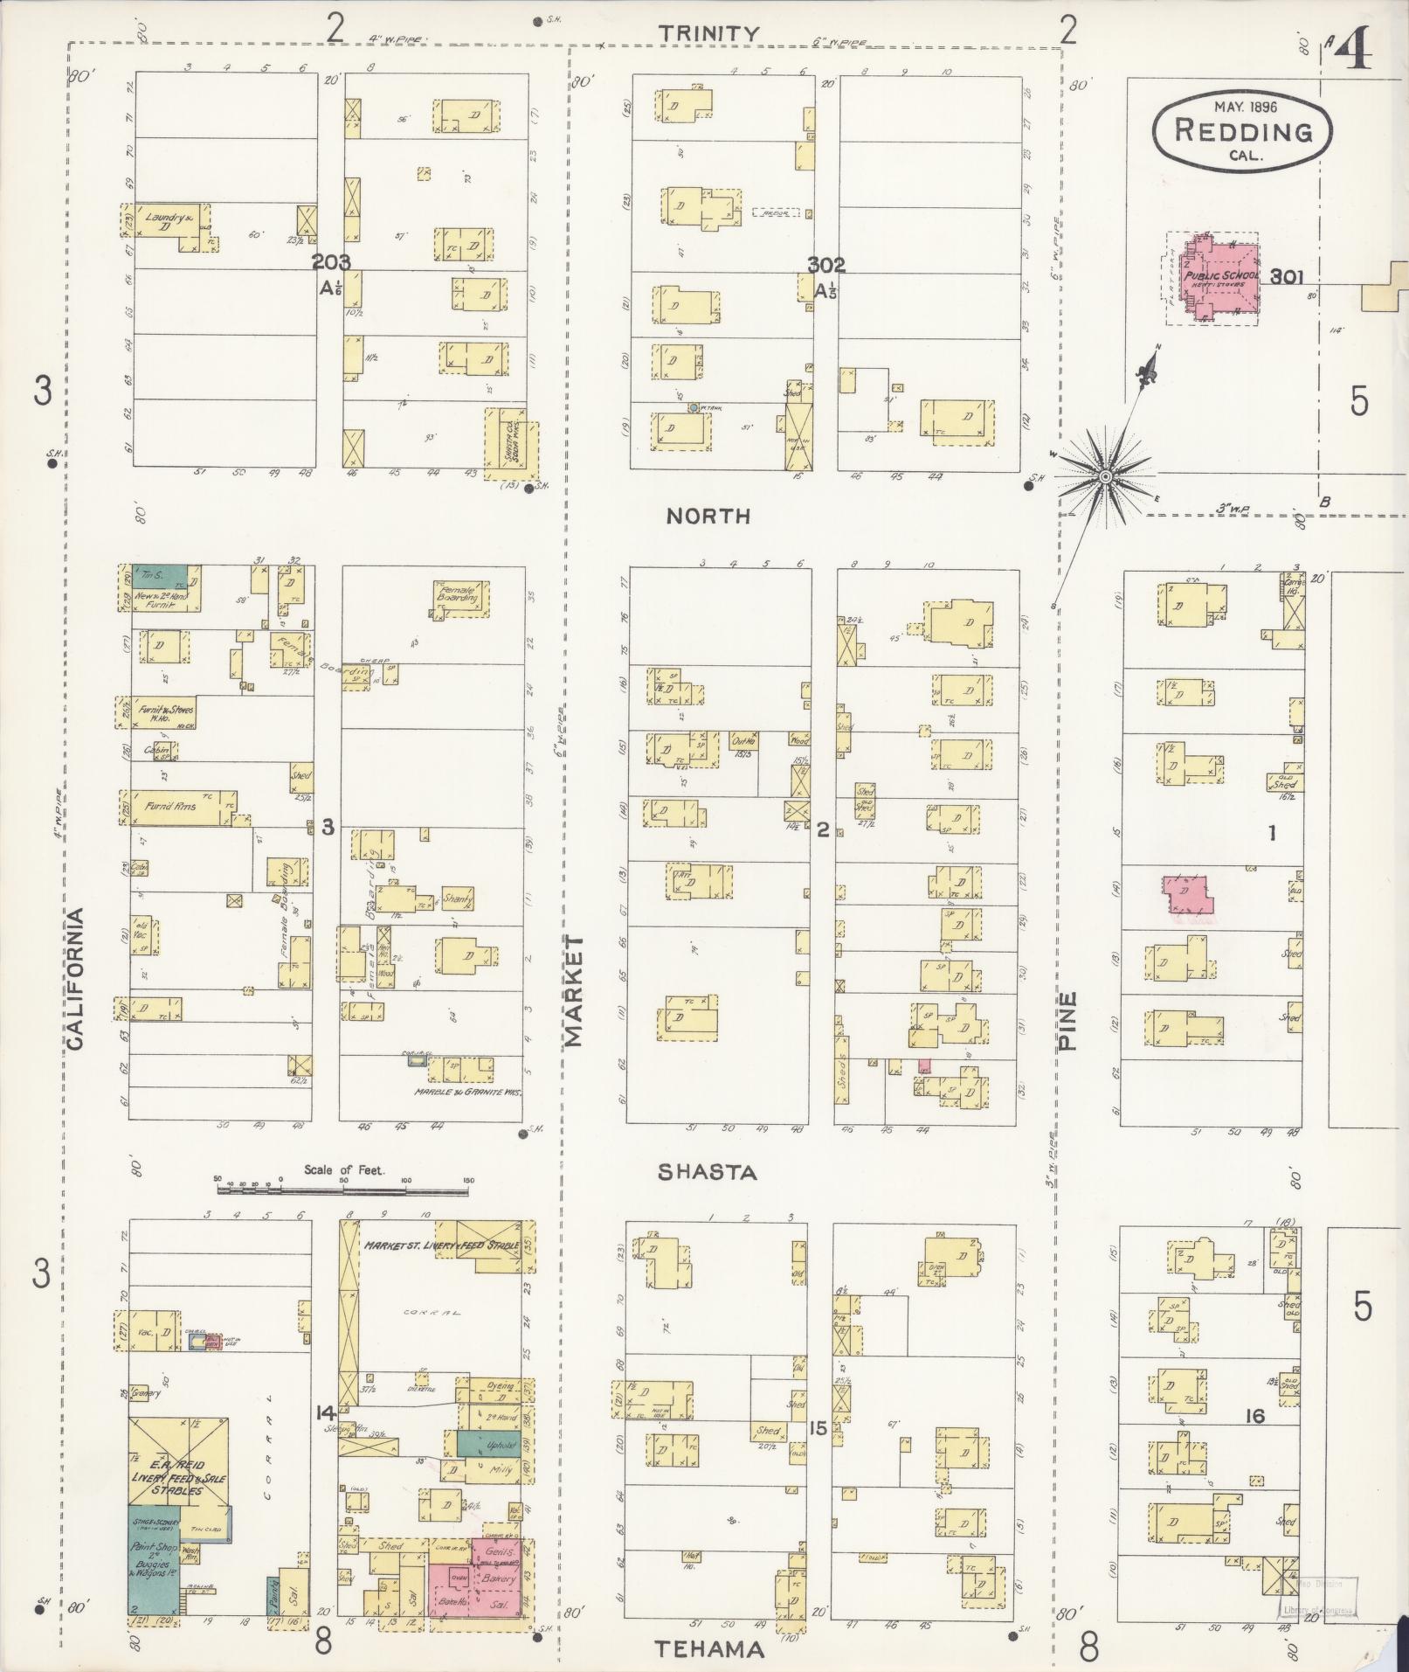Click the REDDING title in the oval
pos(1243,132)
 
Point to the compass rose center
pos(1105,476)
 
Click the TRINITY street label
pos(708,33)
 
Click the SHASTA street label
pos(707,1172)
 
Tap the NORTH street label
pos(708,517)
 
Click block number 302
pos(825,265)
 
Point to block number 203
pos(331,261)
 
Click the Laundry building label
pos(169,219)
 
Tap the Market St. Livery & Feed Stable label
pos(442,1245)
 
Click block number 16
pos(1254,1415)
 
